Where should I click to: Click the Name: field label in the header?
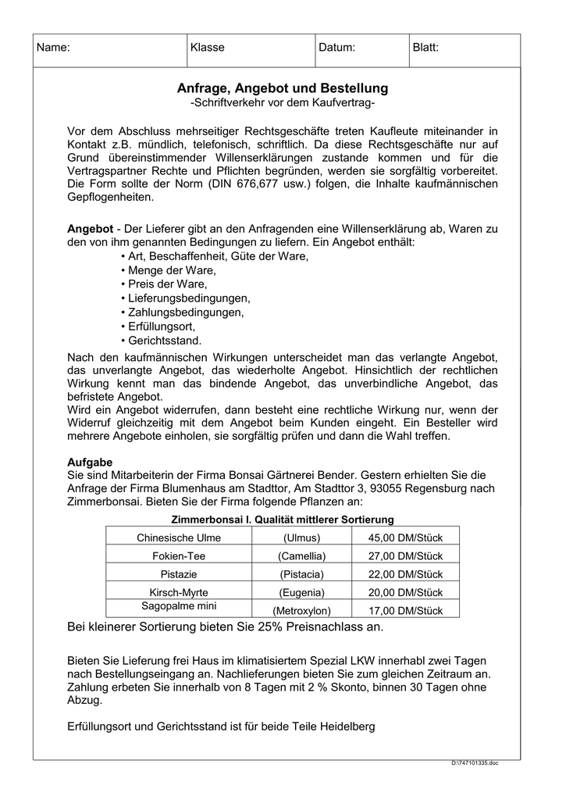54,48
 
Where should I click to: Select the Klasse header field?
207,48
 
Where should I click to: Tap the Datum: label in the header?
336,48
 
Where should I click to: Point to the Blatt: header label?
425,48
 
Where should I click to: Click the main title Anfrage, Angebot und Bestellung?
283,88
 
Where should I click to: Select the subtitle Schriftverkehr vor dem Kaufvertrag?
283,103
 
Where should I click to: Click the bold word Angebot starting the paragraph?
91,228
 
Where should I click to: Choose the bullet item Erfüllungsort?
158,327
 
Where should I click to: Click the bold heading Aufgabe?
90,462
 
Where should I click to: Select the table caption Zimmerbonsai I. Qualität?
282,520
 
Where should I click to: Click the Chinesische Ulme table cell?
179,537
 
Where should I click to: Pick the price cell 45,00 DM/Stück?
405,537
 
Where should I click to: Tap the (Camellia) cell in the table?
301,555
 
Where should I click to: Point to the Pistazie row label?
179,574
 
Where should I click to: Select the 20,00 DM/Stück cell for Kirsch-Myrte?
405,592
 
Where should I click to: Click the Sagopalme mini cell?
179,606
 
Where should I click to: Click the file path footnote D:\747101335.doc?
474,762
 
